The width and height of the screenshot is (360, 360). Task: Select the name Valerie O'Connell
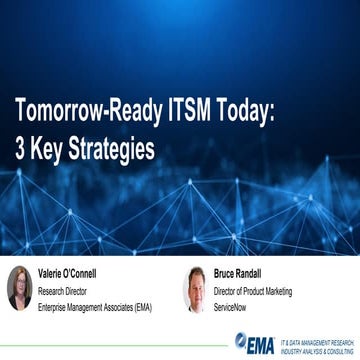[73, 273]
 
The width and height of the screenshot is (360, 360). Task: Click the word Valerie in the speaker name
[53, 273]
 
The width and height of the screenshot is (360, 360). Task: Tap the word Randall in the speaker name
[258, 273]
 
